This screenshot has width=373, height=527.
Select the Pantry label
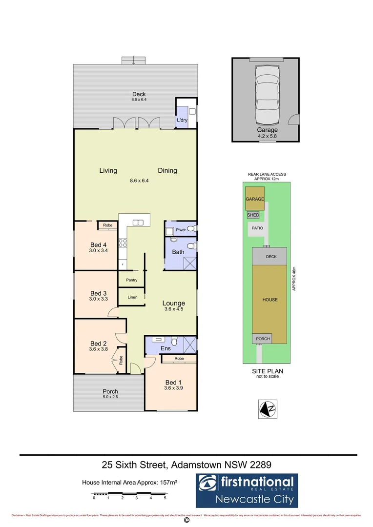tap(131, 280)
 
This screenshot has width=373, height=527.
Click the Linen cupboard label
tap(132, 297)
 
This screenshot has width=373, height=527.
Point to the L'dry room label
tap(182, 120)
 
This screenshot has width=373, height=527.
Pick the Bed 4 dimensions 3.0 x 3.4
tap(98, 251)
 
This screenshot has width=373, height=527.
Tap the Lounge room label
tap(173, 303)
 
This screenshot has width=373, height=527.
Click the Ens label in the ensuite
tap(166, 349)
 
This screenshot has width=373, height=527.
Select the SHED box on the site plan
tap(253, 215)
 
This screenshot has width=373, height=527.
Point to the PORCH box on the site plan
tap(263, 339)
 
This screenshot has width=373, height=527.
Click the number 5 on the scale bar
tap(165, 498)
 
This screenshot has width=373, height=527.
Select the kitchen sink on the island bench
tap(137, 223)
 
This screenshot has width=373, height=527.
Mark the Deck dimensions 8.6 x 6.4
tap(139, 100)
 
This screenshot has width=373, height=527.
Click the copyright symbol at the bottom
tap(186, 520)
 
